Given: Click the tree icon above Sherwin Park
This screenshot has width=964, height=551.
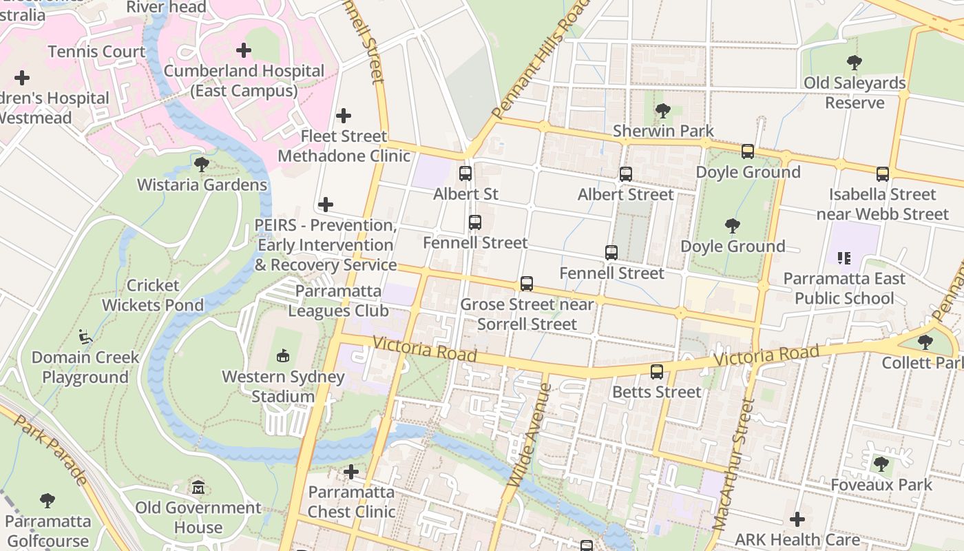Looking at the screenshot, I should click(663, 110).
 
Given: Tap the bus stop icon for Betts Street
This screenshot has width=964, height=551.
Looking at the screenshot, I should click(657, 372).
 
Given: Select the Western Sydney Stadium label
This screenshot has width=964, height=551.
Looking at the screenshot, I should click(283, 386).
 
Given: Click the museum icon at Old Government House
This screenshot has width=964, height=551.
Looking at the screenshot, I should click(198, 488).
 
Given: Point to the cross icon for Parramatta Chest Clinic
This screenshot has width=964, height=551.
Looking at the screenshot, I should click(351, 472).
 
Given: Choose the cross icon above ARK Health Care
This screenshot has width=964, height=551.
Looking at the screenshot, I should click(797, 519).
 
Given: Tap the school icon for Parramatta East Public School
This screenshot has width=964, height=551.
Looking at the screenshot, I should click(844, 258).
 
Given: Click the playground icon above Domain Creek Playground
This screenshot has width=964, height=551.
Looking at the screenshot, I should click(85, 337).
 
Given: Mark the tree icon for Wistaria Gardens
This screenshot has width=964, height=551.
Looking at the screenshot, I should click(202, 165).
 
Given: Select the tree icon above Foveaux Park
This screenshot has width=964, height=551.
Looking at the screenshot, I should click(881, 464).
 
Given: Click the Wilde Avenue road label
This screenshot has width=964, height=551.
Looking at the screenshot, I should click(531, 435).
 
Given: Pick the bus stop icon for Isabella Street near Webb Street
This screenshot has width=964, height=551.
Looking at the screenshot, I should click(883, 174).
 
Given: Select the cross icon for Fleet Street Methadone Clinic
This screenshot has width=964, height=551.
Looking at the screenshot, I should click(344, 116).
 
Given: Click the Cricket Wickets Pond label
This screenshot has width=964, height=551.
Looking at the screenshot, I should click(153, 295).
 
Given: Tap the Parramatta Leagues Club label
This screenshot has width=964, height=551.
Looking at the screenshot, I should click(338, 300).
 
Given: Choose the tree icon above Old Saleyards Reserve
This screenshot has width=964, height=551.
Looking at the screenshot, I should click(855, 63).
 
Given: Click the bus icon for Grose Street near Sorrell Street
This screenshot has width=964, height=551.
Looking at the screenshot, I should click(527, 284).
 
